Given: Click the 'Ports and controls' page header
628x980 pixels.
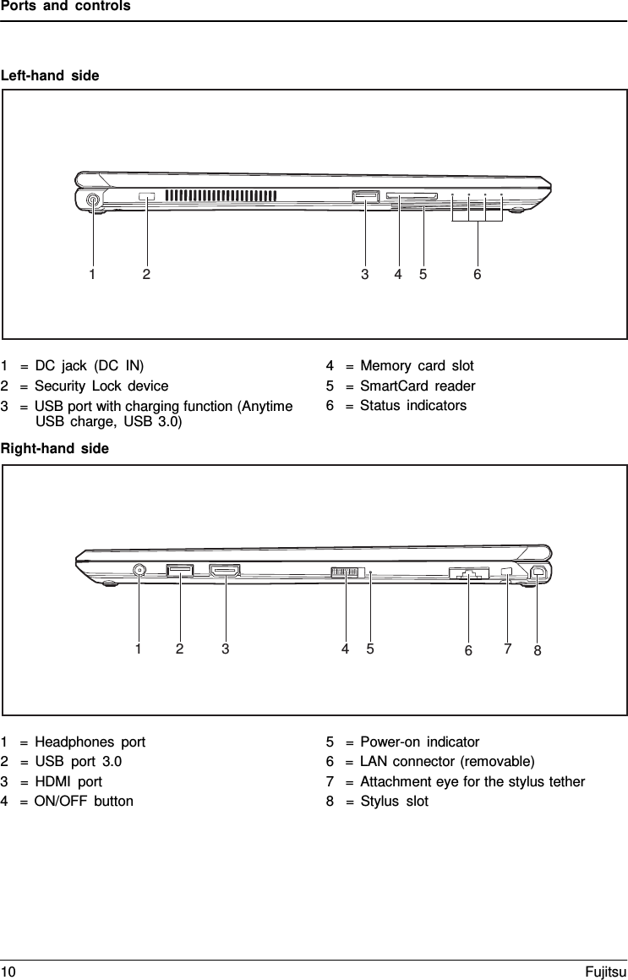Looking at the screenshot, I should [65, 7].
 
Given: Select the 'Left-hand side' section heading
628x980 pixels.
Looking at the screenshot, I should [50, 76].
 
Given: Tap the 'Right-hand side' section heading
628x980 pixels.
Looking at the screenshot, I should [55, 449].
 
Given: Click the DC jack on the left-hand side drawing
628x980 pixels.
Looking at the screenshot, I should [93, 200].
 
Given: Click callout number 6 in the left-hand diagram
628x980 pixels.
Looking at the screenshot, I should [478, 274].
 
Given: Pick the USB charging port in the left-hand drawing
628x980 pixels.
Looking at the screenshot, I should [365, 198].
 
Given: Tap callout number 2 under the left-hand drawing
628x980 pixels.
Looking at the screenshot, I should [147, 274].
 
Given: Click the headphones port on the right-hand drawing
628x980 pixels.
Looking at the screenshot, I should [139, 571].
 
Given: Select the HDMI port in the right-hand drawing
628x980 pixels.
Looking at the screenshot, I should [225, 572].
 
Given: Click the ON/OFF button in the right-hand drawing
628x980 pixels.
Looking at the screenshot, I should [347, 572].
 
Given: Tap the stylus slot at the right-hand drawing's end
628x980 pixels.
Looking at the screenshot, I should [538, 572].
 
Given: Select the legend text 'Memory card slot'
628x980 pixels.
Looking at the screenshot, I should [417, 366].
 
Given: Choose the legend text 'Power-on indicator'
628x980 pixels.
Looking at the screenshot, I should [419, 742].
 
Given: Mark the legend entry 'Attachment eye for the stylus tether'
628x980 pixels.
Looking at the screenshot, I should [472, 781].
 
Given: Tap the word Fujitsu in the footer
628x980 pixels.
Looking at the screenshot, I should [605, 972].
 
